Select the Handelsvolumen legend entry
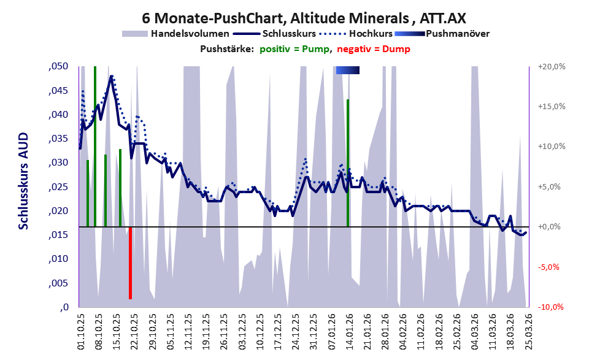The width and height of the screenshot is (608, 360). click(190, 34)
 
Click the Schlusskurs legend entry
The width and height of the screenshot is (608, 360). click(289, 34)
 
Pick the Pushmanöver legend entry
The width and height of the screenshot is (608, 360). click(457, 34)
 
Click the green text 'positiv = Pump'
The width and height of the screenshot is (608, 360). click(295, 49)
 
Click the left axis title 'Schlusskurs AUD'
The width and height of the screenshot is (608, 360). click(23, 181)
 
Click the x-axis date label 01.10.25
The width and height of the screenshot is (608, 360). click(81, 332)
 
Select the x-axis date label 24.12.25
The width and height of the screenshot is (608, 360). click(296, 332)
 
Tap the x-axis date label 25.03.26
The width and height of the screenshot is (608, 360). click(527, 332)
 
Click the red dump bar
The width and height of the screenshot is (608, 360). click(130, 262)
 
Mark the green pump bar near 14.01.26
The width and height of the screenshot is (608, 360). click(348, 163)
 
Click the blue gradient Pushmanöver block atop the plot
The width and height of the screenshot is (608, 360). click(347, 71)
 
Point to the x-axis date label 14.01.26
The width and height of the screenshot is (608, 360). click(348, 332)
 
